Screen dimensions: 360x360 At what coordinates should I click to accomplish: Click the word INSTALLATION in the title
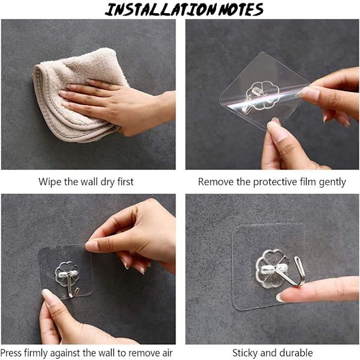click(161, 10)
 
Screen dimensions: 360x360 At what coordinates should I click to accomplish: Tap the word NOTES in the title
click(241, 10)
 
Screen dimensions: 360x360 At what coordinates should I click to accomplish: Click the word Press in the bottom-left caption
click(11, 352)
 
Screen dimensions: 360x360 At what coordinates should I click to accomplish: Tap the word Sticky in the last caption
click(245, 353)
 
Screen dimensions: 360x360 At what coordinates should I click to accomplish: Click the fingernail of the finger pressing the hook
click(280, 298)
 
